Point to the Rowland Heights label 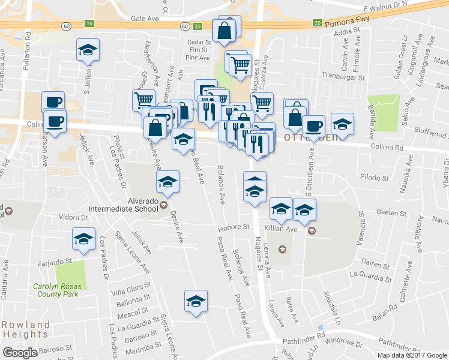(x=25, y=329)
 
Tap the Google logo (x=20, y=352)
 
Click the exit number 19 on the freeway (x=89, y=24)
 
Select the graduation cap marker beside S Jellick (x=88, y=51)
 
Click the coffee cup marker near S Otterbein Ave (x=313, y=126)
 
